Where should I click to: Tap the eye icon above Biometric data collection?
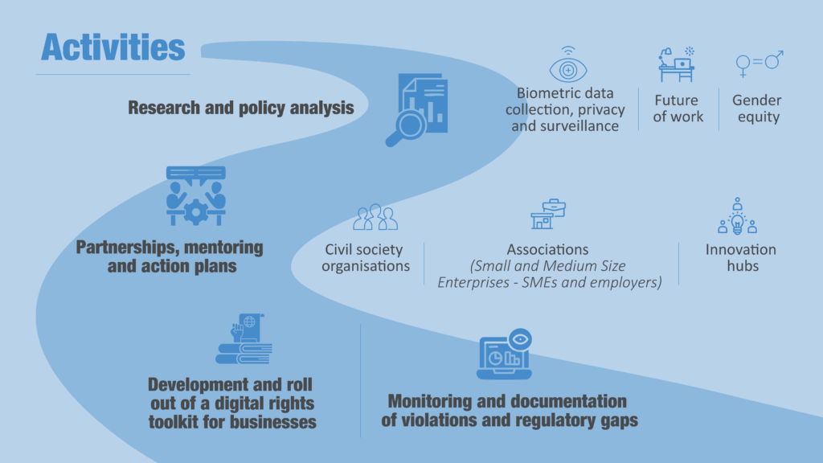coord(568,68)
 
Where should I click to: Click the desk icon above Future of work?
coord(676,64)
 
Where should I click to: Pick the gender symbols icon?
coord(760,64)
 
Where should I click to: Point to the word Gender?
coord(756,100)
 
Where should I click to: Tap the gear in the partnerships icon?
coord(195,211)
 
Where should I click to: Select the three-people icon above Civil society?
coord(375,217)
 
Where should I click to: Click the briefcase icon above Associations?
coord(548,214)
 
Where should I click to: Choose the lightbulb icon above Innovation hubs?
coord(737,218)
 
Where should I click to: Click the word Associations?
coord(547,249)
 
